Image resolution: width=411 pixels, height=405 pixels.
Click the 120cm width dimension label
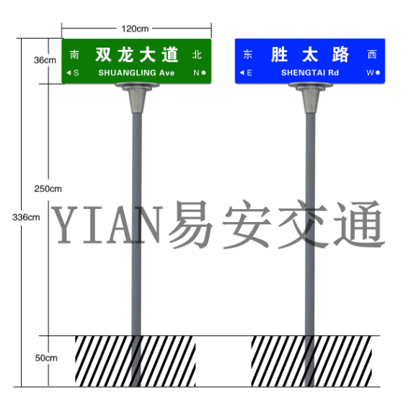coord(135,29)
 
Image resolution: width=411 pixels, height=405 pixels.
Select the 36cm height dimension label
coord(45,61)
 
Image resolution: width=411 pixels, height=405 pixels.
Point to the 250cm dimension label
coord(48,189)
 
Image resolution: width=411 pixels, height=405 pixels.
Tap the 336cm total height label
coord(26,217)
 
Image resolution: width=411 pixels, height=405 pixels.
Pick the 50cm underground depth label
coord(46,358)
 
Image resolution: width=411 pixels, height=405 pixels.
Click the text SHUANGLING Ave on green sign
coord(136,73)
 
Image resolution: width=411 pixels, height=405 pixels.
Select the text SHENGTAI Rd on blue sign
coord(310,73)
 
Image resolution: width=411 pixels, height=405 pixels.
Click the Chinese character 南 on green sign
coord(74,55)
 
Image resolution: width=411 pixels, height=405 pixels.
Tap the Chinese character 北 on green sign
coord(197,55)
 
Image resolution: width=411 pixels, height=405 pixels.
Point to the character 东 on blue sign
coord(248,55)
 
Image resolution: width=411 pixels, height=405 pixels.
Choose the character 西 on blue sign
coord(372,55)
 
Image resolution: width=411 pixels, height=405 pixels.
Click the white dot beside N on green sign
coord(203,73)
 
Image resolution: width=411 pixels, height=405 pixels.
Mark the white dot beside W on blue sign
coord(378,73)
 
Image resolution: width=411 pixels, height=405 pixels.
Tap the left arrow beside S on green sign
coord(68,73)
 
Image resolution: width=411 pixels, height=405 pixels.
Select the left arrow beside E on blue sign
coord(242,72)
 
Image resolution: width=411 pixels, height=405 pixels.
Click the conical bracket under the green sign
coord(137,97)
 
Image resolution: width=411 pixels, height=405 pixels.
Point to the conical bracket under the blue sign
coord(310,97)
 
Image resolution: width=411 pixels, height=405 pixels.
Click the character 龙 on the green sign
coord(125,55)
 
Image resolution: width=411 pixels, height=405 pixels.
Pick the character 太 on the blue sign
coord(310,55)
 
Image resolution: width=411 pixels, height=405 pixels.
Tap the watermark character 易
coord(190,225)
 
